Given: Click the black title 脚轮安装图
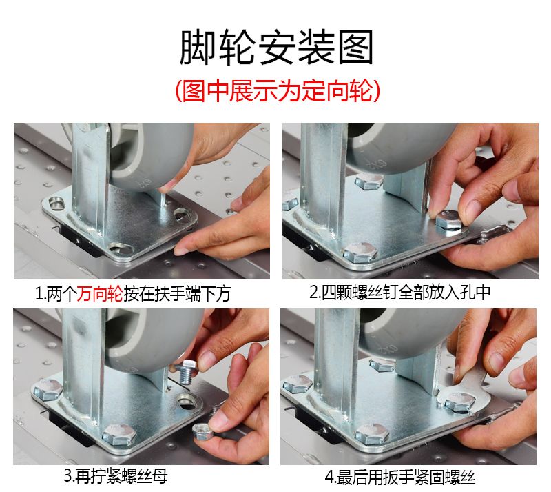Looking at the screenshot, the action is pyautogui.click(x=276, y=47).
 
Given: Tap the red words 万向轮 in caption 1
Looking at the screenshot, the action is pyautogui.click(x=100, y=293).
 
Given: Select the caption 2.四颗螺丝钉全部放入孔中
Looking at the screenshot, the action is pyautogui.click(x=399, y=293).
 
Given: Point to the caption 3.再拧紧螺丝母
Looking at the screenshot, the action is pyautogui.click(x=116, y=477).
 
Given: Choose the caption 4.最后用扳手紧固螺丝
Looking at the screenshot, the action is pyautogui.click(x=400, y=478).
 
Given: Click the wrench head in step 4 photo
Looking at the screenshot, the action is pyautogui.click(x=463, y=399).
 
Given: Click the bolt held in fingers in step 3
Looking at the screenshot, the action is pyautogui.click(x=186, y=371).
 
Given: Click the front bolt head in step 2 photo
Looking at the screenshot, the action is pyautogui.click(x=360, y=252).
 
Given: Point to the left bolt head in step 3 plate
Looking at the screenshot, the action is pyautogui.click(x=48, y=389).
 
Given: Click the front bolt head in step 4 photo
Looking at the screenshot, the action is pyautogui.click(x=371, y=434).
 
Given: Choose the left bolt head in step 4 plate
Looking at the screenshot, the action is pyautogui.click(x=298, y=384).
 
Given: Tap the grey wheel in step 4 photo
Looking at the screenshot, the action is pyautogui.click(x=411, y=333).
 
